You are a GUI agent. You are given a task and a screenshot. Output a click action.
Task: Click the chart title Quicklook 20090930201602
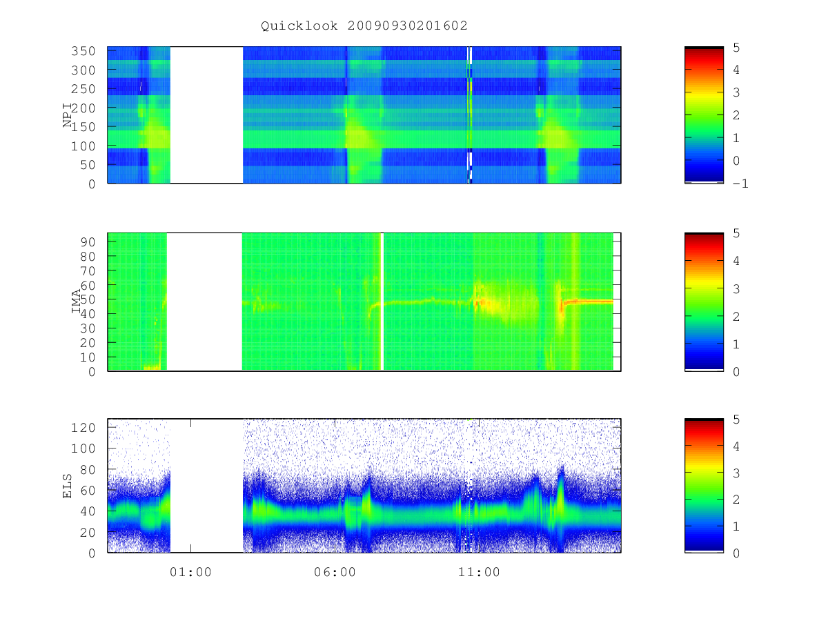(x=364, y=26)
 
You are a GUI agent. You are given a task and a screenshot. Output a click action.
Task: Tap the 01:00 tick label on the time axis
(x=190, y=572)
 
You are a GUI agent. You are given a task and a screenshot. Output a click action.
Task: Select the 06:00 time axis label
(x=335, y=572)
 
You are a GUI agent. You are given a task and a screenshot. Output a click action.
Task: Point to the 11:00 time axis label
(x=479, y=572)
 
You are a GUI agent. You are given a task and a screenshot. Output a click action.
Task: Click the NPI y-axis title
(x=67, y=115)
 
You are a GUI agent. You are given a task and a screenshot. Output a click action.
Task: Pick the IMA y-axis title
(x=76, y=302)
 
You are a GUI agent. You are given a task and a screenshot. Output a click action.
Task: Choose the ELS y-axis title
(x=67, y=486)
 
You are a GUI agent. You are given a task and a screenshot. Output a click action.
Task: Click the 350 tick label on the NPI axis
(x=83, y=51)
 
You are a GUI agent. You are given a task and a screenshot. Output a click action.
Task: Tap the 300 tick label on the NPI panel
(x=83, y=70)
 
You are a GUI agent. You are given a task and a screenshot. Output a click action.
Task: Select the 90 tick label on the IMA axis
(x=88, y=242)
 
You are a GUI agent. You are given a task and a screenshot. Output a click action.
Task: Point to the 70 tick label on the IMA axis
(x=88, y=270)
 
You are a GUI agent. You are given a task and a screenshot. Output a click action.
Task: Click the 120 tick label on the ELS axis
(x=83, y=428)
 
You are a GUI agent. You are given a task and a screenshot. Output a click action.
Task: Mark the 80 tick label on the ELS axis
(x=88, y=470)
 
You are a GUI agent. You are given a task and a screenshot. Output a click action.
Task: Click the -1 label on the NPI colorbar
(x=740, y=184)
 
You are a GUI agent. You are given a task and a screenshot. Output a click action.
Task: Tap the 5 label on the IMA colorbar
(x=736, y=233)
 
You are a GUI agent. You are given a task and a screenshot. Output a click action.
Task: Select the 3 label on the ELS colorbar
(x=736, y=473)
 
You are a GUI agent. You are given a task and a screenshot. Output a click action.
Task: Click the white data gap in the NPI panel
(x=206, y=115)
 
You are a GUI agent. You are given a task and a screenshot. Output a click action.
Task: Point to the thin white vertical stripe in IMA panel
(x=382, y=302)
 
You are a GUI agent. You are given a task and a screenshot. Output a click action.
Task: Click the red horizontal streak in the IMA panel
(x=587, y=302)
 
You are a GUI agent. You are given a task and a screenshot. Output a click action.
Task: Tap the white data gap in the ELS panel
(x=206, y=486)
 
